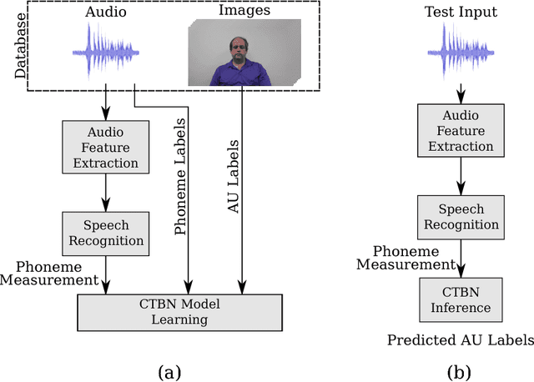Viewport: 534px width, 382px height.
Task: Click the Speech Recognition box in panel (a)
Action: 104,234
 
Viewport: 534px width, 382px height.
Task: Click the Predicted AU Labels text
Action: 459,339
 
